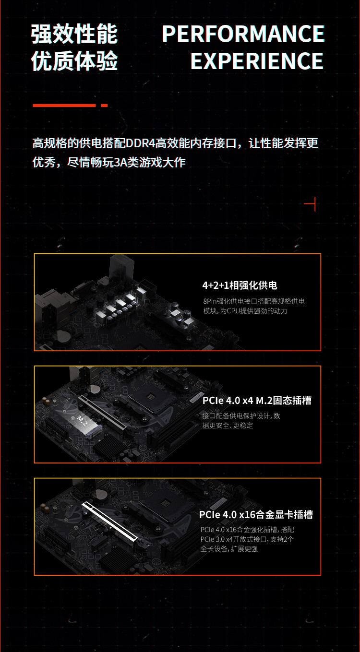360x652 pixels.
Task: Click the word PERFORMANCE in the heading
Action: coord(243,34)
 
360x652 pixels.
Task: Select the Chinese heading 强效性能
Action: coord(74,34)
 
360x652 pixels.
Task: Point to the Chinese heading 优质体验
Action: coord(74,61)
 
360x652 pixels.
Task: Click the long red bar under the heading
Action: coord(64,106)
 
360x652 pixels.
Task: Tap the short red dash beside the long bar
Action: coord(104,106)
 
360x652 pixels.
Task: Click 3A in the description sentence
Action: coord(117,163)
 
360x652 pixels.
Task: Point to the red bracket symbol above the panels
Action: coord(311,204)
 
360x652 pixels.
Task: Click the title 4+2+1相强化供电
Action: coord(240,285)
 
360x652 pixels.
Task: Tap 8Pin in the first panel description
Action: coord(209,301)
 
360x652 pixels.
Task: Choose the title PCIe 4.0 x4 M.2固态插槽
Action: coord(256,400)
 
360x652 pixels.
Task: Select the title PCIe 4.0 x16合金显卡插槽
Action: coord(256,515)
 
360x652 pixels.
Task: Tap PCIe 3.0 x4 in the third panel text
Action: coord(216,539)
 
